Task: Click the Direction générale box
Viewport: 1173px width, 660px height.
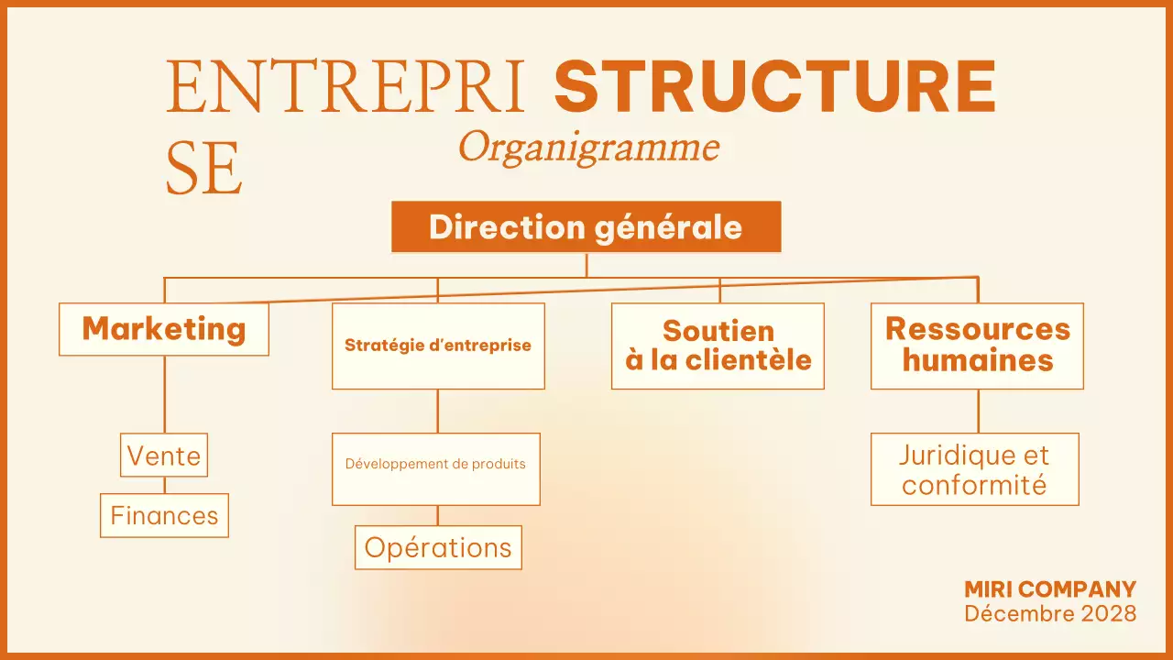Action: (586, 226)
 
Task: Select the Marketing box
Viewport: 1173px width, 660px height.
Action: (164, 329)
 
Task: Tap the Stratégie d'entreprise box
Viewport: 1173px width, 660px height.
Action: (438, 346)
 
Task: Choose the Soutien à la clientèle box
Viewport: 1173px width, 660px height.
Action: (718, 346)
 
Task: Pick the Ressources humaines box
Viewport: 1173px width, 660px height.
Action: (977, 346)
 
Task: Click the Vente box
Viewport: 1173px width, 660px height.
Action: (164, 455)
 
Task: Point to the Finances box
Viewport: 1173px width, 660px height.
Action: (164, 515)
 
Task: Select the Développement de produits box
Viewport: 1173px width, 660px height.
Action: (435, 468)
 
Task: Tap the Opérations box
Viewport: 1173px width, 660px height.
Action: (438, 547)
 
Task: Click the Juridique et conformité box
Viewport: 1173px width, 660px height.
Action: (974, 469)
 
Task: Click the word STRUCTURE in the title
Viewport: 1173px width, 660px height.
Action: (775, 87)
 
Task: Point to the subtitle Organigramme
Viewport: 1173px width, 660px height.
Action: (588, 147)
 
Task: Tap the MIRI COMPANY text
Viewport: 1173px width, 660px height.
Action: (1050, 589)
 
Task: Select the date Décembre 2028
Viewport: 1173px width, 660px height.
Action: (1050, 612)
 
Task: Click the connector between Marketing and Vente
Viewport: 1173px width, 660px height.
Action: (165, 394)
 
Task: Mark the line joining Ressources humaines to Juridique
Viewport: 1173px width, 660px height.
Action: (978, 411)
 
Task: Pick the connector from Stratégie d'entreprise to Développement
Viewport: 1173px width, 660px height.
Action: (438, 411)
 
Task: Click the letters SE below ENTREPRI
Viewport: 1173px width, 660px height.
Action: (204, 170)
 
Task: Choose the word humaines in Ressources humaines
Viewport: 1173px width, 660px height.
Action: (977, 360)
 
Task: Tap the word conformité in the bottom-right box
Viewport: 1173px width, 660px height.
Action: (974, 484)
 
